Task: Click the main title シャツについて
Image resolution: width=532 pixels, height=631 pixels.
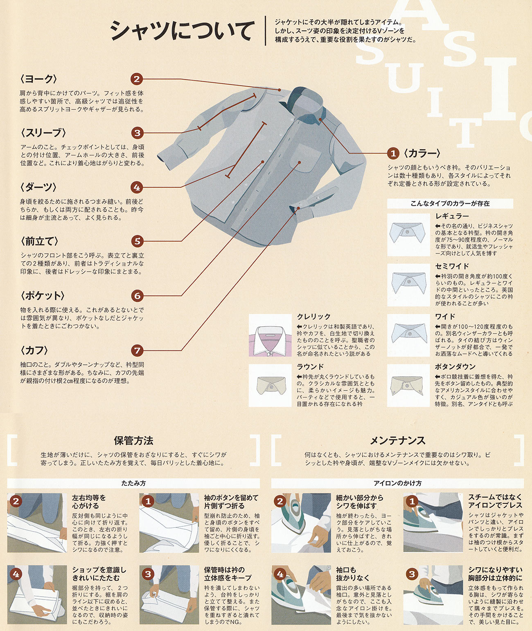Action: [180, 30]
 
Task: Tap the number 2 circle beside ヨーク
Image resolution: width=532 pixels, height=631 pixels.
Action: [137, 79]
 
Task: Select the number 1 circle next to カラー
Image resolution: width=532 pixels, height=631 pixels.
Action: [393, 153]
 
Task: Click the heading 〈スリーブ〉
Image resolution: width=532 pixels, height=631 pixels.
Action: [43, 132]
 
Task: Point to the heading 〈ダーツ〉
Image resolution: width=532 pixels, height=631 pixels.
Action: [38, 187]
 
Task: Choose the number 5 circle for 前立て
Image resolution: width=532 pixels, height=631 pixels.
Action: [138, 241]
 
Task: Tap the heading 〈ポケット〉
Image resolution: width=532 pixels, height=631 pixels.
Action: [42, 296]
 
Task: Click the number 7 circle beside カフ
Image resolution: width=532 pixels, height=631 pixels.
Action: [138, 350]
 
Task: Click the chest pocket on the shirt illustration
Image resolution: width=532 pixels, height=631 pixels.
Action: [305, 158]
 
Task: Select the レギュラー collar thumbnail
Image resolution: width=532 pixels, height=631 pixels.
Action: [408, 235]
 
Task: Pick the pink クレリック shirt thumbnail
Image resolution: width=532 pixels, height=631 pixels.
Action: [270, 335]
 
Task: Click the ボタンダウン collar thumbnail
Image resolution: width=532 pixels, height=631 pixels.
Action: [408, 385]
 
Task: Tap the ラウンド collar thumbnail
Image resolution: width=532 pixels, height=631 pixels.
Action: [270, 385]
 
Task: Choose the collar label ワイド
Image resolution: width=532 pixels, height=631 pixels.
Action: [445, 317]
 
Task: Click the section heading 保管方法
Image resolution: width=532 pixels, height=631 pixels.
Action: [133, 440]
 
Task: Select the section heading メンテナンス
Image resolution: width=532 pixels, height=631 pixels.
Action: [397, 440]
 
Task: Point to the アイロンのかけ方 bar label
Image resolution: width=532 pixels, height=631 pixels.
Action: [397, 483]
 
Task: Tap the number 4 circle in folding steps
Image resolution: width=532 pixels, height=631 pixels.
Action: [16, 574]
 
